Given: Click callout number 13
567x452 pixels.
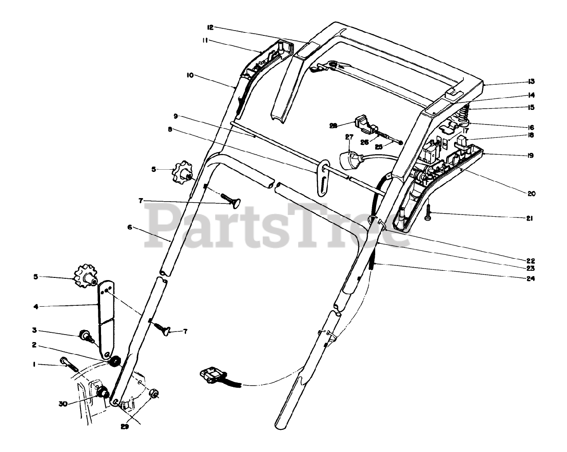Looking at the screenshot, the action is pyautogui.click(x=532, y=82).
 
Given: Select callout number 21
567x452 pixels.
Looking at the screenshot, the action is pyautogui.click(x=530, y=218).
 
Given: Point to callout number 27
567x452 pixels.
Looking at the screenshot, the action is pyautogui.click(x=349, y=137).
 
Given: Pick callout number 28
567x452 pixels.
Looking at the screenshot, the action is pyautogui.click(x=334, y=125).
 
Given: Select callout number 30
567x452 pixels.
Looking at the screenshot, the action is pyautogui.click(x=64, y=404).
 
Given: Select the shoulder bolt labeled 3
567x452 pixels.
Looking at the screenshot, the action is pyautogui.click(x=85, y=335).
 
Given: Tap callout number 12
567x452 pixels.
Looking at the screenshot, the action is pyautogui.click(x=210, y=27).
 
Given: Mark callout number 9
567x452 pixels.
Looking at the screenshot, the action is pyautogui.click(x=176, y=116).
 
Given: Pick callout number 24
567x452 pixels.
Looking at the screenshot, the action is pyautogui.click(x=531, y=279).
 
